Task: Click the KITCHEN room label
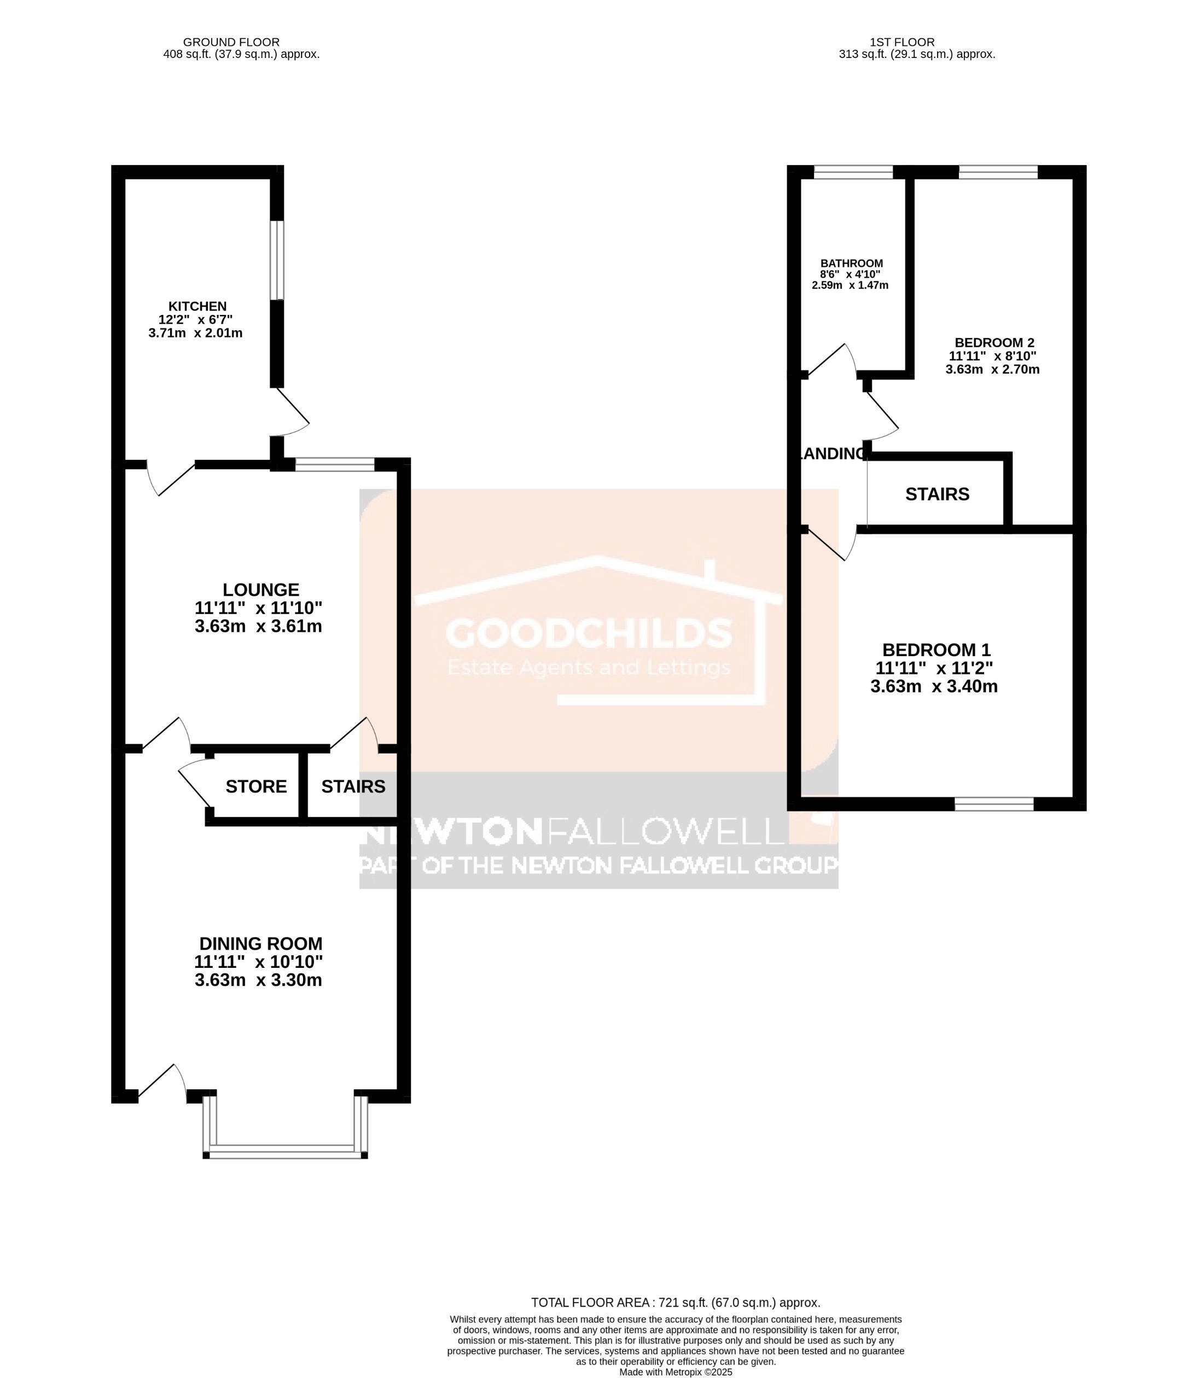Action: (x=197, y=307)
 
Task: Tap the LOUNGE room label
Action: (x=261, y=590)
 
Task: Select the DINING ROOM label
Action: (x=261, y=944)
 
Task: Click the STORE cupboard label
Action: (x=256, y=786)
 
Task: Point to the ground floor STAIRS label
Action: (x=353, y=786)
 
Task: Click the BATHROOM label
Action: (x=851, y=264)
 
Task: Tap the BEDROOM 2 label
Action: (x=994, y=343)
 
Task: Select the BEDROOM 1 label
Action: (x=936, y=650)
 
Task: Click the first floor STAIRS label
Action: (x=937, y=494)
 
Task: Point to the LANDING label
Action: (x=833, y=454)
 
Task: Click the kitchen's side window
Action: (x=277, y=260)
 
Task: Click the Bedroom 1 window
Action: (x=993, y=804)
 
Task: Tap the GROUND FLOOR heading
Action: (x=231, y=42)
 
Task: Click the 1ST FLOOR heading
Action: (x=902, y=42)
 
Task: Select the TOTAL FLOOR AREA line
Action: (x=675, y=1303)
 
